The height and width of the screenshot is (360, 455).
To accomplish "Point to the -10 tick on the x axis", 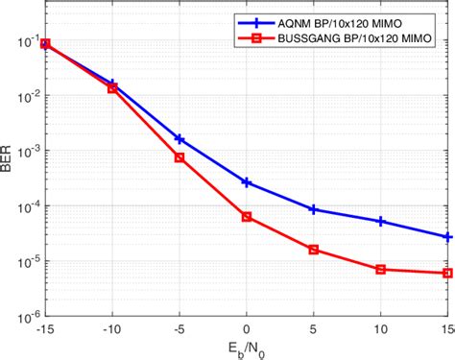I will [x=112, y=327].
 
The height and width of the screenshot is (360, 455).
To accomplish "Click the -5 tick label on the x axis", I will [x=180, y=327].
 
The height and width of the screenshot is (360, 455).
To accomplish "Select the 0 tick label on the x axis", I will [x=247, y=327].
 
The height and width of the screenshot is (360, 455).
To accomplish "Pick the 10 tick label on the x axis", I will [x=381, y=327].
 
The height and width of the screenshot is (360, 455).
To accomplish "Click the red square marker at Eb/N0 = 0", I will [x=247, y=217].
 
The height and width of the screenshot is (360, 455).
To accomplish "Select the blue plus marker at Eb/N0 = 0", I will [x=247, y=182].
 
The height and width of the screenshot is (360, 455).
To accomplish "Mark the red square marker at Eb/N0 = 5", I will [x=314, y=250].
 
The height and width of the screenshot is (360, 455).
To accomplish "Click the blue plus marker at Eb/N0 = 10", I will [x=381, y=222].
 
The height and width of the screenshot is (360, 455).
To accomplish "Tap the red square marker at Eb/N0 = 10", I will [x=381, y=270].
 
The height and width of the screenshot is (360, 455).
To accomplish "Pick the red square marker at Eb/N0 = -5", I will [x=180, y=157].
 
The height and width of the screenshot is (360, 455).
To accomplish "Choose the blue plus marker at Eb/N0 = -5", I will [x=180, y=139].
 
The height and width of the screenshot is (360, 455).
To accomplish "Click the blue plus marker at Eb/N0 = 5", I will [x=314, y=209].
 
